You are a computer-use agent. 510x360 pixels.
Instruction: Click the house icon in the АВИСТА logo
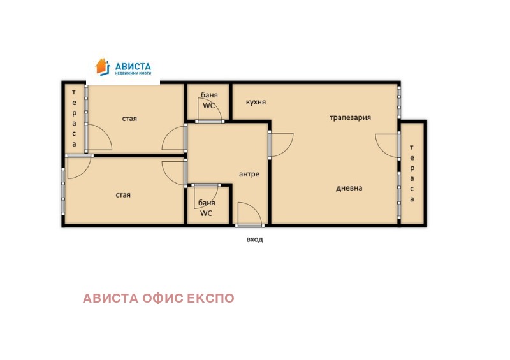(x=102, y=66)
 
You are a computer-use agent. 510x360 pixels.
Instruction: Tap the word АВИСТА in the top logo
(x=132, y=66)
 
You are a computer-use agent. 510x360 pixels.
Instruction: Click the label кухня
(x=255, y=102)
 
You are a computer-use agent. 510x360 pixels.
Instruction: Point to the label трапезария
(x=350, y=117)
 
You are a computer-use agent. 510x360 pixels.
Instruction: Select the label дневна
(x=349, y=188)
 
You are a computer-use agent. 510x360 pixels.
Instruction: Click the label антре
(x=249, y=174)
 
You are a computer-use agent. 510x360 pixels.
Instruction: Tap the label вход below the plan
(x=254, y=240)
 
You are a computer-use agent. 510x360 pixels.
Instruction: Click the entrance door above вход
(x=249, y=215)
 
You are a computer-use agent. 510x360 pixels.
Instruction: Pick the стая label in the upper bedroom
(x=129, y=118)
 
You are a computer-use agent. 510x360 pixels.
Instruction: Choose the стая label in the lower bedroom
(x=123, y=194)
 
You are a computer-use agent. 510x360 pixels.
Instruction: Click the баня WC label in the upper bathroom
(x=209, y=100)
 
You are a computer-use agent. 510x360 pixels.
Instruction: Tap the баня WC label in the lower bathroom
(x=206, y=208)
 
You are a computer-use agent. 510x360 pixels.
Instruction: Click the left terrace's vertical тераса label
(x=74, y=117)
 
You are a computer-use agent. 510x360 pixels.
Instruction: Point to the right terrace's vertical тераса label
(x=412, y=178)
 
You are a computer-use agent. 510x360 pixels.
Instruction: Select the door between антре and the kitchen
(x=280, y=144)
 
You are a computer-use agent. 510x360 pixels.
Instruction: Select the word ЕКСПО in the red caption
(x=210, y=298)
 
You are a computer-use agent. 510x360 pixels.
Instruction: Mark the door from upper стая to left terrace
(x=97, y=136)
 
